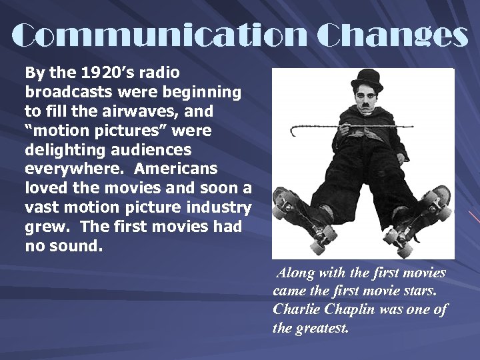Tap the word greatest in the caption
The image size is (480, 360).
click(x=323, y=329)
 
